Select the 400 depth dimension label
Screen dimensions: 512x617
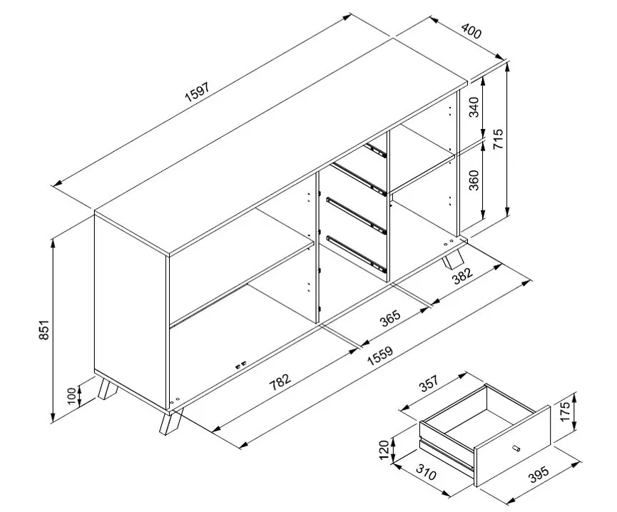472,32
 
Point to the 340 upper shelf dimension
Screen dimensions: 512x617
473,109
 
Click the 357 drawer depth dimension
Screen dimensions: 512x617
428,385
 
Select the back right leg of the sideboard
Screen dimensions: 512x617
452,257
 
